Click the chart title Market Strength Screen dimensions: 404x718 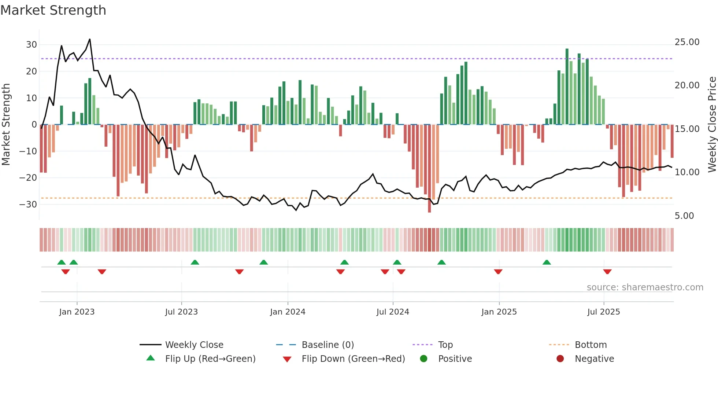point(53,10)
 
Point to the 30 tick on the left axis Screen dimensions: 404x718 point(32,45)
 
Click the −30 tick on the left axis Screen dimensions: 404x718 point(29,204)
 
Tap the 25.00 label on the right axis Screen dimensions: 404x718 point(687,42)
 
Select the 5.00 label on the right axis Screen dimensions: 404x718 point(684,216)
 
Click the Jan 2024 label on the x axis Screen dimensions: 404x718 point(288,312)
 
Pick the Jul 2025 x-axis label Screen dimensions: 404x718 point(603,312)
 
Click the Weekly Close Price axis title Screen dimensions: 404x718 point(712,125)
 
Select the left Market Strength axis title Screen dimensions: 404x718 point(6,125)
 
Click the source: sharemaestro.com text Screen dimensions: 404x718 point(645,287)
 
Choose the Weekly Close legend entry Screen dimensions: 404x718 point(194,345)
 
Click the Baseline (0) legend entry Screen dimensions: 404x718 point(327,345)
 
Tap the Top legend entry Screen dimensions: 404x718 point(445,345)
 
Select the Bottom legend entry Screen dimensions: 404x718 point(591,345)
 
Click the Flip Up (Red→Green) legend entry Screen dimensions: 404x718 point(210,359)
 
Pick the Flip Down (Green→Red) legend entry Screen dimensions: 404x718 point(353,359)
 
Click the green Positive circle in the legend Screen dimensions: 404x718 point(423,359)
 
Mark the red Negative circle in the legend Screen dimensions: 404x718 point(560,359)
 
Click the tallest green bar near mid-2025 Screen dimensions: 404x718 point(567,86)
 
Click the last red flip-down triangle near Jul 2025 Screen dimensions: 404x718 point(607,272)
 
